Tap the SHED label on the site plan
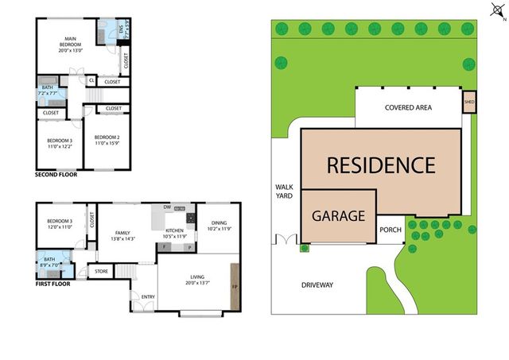click(x=469, y=103)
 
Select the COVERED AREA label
click(x=408, y=107)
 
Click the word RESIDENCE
click(x=381, y=165)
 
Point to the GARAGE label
click(x=338, y=215)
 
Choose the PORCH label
click(x=390, y=231)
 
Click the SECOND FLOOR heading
click(x=56, y=174)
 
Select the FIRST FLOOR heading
click(x=52, y=283)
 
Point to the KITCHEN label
click(x=175, y=233)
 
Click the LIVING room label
click(x=196, y=279)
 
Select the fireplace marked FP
click(x=234, y=287)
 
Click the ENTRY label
click(x=148, y=297)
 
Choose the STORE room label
click(x=101, y=271)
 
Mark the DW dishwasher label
click(x=167, y=207)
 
